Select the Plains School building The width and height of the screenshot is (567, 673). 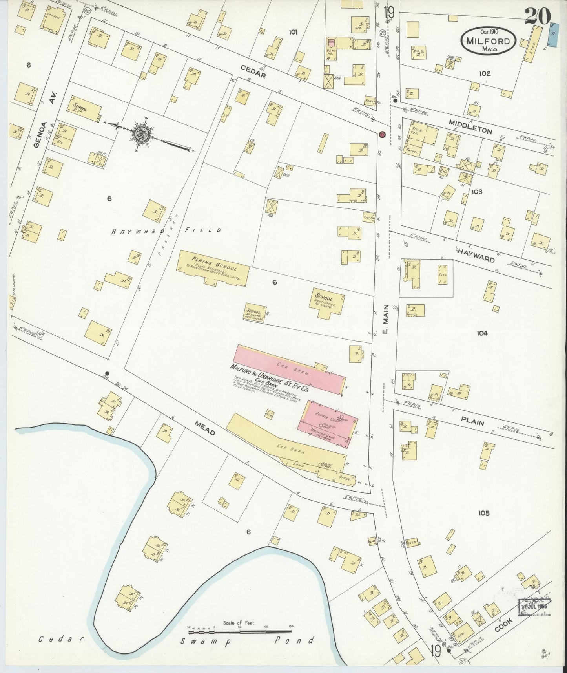pyautogui.click(x=214, y=269)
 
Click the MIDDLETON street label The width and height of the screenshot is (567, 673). pyautogui.click(x=470, y=127)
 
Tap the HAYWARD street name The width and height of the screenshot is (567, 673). pyautogui.click(x=475, y=254)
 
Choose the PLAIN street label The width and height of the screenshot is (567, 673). pyautogui.click(x=472, y=423)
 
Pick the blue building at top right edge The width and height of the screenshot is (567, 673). pyautogui.click(x=553, y=35)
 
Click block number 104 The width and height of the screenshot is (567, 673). pyautogui.click(x=482, y=333)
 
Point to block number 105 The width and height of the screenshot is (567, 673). pyautogui.click(x=483, y=513)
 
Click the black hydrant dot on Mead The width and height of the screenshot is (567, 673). pyautogui.click(x=107, y=373)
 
